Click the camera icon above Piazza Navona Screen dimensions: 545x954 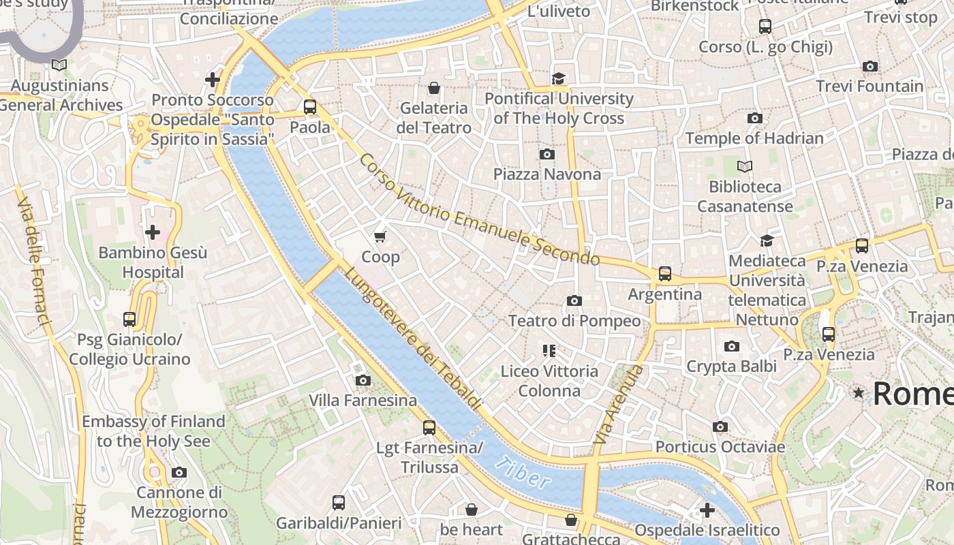(x=547, y=154)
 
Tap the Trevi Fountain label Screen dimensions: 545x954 (x=870, y=87)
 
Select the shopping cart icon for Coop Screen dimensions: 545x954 (x=380, y=236)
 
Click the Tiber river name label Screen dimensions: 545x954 (x=522, y=473)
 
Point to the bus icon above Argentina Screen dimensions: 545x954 (x=664, y=274)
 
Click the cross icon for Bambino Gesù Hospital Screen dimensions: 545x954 (x=153, y=232)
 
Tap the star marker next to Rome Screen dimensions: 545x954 (x=859, y=393)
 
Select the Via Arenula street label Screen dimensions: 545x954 (x=619, y=405)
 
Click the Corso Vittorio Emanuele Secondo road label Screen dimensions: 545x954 (x=478, y=211)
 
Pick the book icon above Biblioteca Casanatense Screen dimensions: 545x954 (x=745, y=166)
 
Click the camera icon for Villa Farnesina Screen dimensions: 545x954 (x=363, y=380)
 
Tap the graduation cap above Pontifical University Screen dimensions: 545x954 (x=559, y=78)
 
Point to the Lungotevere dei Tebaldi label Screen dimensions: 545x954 (x=414, y=338)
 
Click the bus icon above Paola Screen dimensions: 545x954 (x=310, y=107)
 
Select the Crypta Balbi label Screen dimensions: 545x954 (x=731, y=366)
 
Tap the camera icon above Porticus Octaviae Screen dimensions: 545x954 (x=720, y=426)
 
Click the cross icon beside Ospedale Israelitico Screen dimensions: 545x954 (x=707, y=510)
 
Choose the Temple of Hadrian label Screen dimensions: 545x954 (x=754, y=138)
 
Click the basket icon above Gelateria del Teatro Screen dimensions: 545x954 (x=433, y=88)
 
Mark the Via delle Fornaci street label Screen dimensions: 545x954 (x=33, y=260)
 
